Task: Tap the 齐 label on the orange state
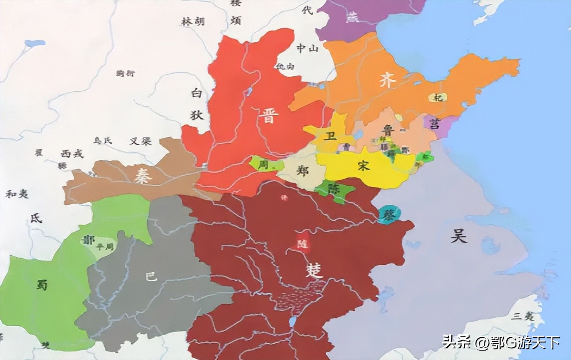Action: click(386, 81)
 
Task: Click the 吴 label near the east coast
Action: click(458, 235)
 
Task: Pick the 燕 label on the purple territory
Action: click(352, 18)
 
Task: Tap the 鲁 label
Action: click(388, 130)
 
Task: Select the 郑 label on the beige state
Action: click(302, 171)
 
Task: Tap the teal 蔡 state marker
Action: click(389, 214)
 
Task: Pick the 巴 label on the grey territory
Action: click(151, 276)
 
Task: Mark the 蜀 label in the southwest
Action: click(42, 285)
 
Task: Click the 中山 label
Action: click(308, 49)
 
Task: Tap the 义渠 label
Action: click(141, 141)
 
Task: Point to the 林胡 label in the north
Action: click(192, 21)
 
